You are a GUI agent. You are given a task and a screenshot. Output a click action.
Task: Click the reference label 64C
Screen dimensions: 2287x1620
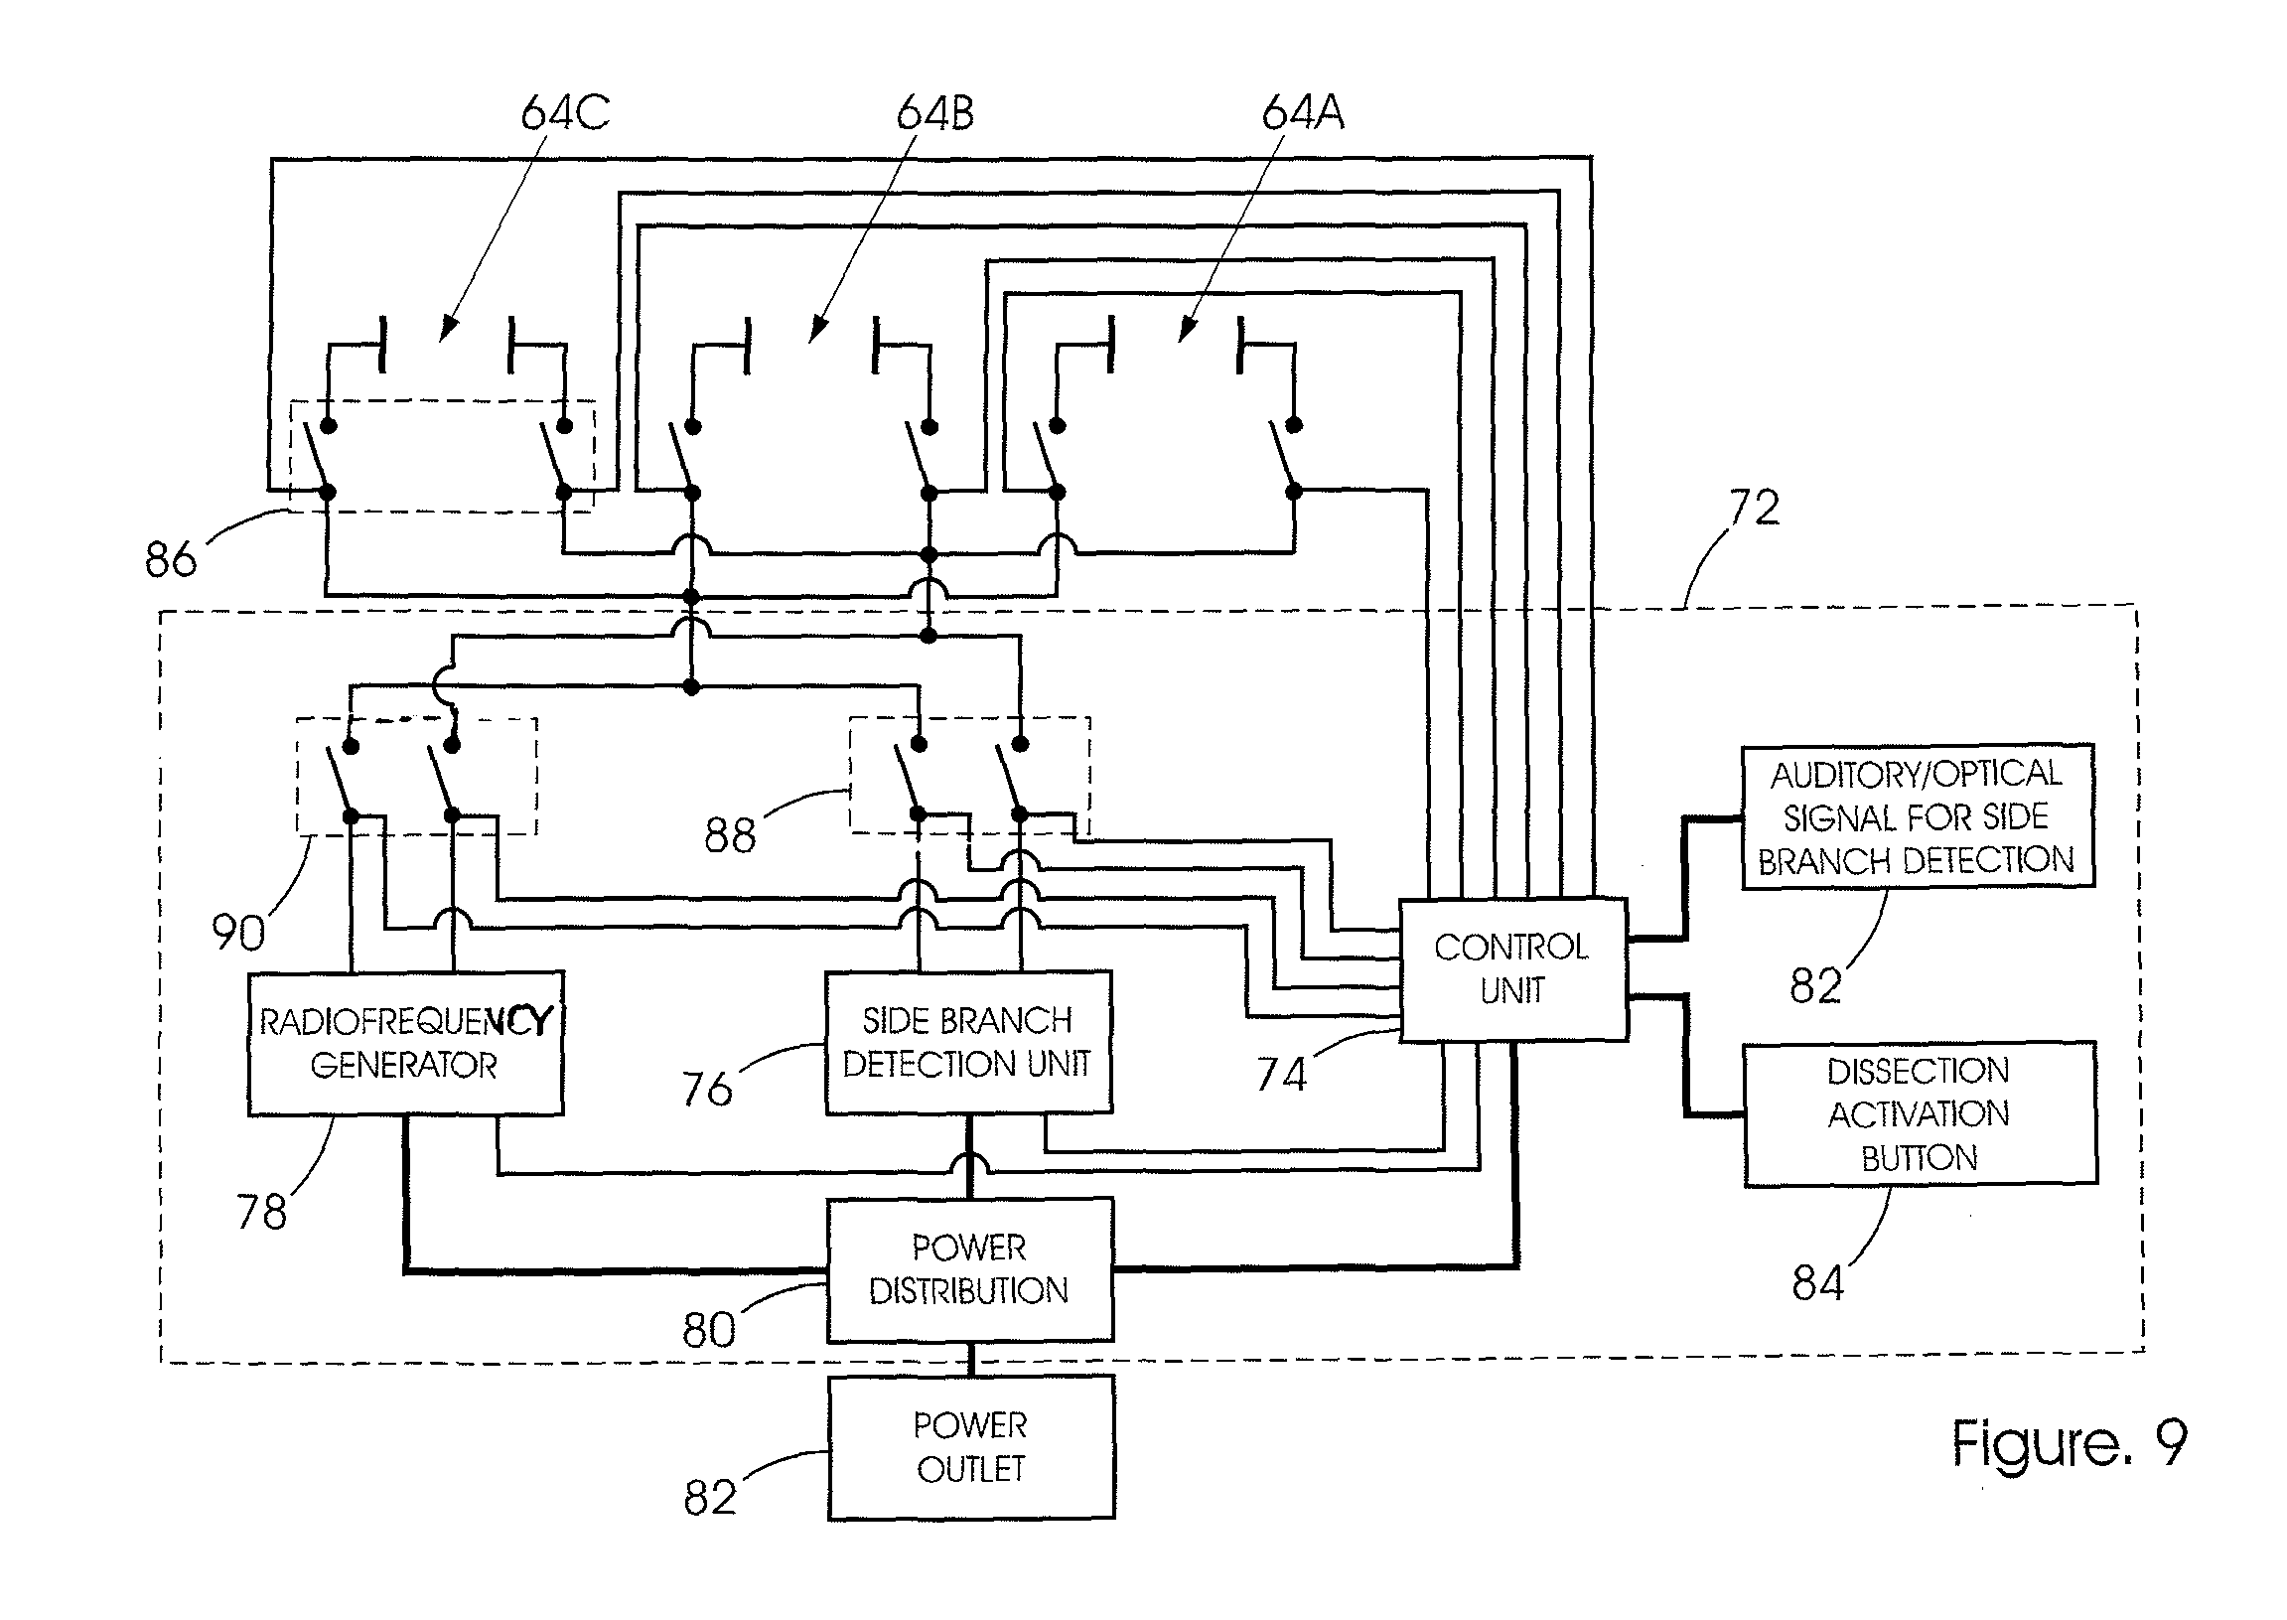[564, 112]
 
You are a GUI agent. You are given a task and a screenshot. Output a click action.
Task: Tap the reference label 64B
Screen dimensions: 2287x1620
[934, 112]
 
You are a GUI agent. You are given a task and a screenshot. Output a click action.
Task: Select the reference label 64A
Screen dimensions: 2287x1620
[1303, 112]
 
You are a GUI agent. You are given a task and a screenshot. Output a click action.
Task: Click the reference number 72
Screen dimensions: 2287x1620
[1754, 508]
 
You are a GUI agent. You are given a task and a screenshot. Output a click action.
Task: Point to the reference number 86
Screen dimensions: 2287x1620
[171, 558]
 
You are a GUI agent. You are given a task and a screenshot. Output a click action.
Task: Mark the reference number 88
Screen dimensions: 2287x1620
[730, 835]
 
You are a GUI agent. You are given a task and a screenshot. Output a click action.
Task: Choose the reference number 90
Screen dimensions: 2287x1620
[238, 933]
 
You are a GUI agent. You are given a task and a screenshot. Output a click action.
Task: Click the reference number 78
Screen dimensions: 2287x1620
[261, 1212]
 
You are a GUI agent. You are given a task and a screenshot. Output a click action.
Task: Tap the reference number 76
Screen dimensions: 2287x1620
[707, 1089]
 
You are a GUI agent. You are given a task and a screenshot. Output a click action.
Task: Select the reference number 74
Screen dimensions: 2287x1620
[1281, 1075]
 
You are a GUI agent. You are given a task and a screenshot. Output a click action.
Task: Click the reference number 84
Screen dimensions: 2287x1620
[1817, 1283]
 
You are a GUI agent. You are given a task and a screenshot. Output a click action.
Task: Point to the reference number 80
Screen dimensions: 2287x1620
[709, 1330]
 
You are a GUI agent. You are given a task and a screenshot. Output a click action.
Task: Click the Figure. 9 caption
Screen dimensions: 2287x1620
[2070, 1444]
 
